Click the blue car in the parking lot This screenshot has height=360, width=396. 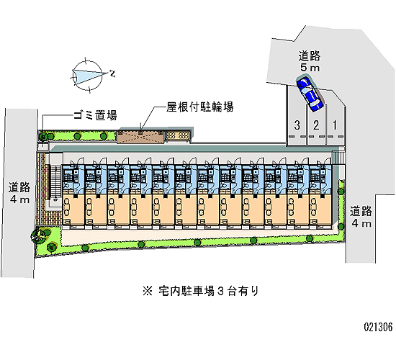click(x=310, y=94)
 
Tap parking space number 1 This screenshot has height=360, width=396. click(x=335, y=125)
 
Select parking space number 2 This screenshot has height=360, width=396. click(x=316, y=125)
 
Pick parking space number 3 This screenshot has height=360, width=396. click(x=297, y=125)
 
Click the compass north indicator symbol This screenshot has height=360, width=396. click(x=87, y=76)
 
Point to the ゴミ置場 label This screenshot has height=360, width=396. click(x=95, y=115)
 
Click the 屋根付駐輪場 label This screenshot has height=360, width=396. click(x=199, y=107)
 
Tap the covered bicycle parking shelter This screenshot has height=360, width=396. click(x=140, y=137)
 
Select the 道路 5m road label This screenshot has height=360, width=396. click(x=310, y=61)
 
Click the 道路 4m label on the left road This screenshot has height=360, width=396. click(x=19, y=193)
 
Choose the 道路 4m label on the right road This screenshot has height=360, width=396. click(x=361, y=217)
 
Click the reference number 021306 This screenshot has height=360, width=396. click(x=378, y=327)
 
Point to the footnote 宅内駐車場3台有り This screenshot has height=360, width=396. click(x=209, y=291)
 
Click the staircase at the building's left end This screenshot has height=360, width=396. click(x=55, y=183)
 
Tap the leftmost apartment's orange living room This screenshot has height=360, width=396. click(x=73, y=210)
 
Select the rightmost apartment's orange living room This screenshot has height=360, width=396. click(x=320, y=210)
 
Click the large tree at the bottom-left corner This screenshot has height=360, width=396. click(x=39, y=235)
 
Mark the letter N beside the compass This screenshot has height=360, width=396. click(x=112, y=73)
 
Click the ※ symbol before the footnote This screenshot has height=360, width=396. click(x=148, y=291)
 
